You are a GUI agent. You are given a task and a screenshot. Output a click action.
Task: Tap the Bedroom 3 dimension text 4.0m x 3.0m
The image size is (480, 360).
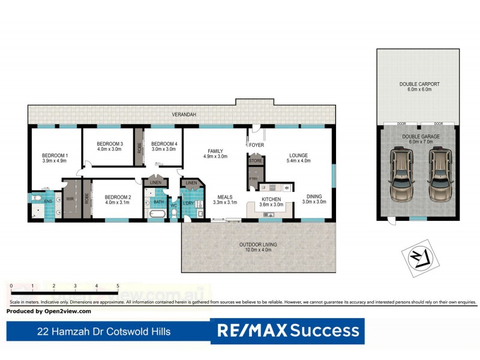(x=109, y=149)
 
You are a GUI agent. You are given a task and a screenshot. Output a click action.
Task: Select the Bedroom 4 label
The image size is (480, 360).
(x=164, y=143)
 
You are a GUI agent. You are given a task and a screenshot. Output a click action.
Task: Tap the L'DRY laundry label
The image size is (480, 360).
(x=188, y=203)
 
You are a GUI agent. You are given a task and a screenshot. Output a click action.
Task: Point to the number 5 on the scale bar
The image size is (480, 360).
(x=118, y=286)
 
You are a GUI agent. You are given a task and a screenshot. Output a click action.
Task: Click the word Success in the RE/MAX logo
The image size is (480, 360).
(x=325, y=331)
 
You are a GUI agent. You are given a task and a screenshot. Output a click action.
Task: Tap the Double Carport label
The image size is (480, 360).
(x=419, y=84)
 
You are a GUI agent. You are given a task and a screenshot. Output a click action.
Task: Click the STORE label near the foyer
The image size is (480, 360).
(x=256, y=161)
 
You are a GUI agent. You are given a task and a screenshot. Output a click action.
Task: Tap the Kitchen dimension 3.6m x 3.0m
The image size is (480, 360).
(x=271, y=205)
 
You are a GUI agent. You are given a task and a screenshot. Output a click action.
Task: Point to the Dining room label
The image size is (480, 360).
(x=314, y=196)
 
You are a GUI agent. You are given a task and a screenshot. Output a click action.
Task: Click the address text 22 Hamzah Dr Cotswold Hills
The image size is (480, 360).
(x=104, y=331)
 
